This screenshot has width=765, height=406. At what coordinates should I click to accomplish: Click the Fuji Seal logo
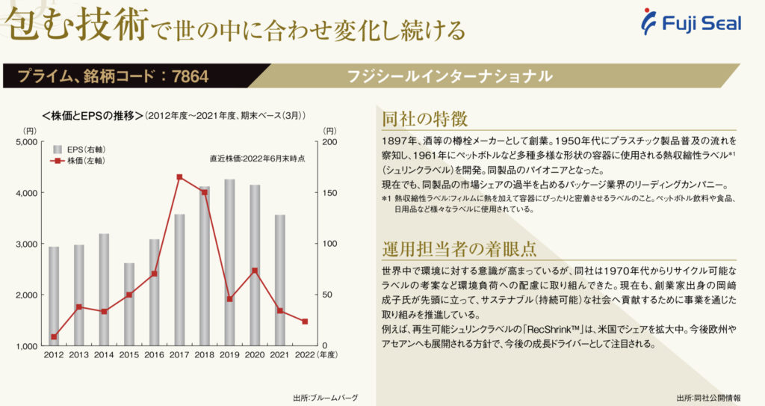point(692,23)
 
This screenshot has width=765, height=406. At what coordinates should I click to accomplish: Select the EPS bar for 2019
point(229,262)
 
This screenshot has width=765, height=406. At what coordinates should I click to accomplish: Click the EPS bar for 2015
point(129,304)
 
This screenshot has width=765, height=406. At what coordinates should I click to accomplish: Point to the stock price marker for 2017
point(179,177)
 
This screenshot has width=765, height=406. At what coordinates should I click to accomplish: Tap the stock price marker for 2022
point(305,322)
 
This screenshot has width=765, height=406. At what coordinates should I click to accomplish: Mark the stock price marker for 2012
point(54,336)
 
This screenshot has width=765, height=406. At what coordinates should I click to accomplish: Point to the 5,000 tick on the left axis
point(26,141)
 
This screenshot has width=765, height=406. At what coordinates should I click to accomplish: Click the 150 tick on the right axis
point(329,193)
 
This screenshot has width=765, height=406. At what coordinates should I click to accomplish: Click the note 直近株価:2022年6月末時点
point(257,159)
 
